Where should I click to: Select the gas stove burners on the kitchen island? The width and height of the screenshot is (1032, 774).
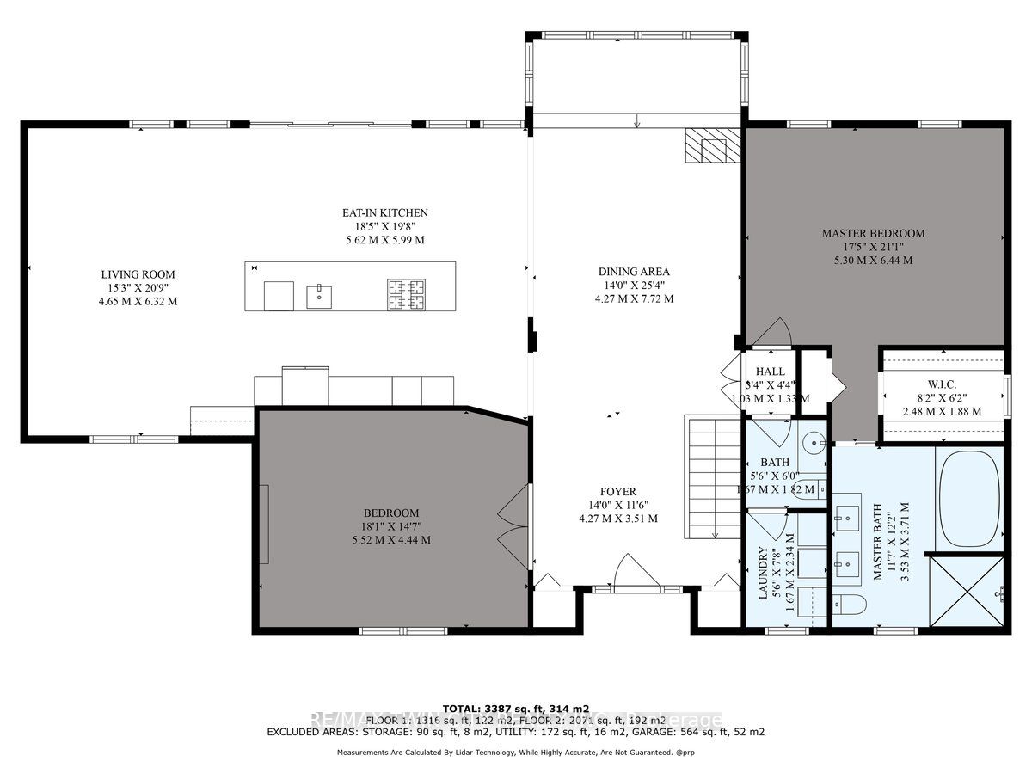click(x=406, y=294)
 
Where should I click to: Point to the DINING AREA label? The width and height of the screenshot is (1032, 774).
click(x=634, y=272)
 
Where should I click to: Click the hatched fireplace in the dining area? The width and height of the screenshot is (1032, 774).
click(x=712, y=147)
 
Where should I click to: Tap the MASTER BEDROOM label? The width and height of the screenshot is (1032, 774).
click(x=873, y=233)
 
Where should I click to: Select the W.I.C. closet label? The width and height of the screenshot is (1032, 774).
click(x=941, y=384)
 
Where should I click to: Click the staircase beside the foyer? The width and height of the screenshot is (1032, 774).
click(x=713, y=477)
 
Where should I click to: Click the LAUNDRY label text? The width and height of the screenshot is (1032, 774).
click(x=762, y=579)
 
